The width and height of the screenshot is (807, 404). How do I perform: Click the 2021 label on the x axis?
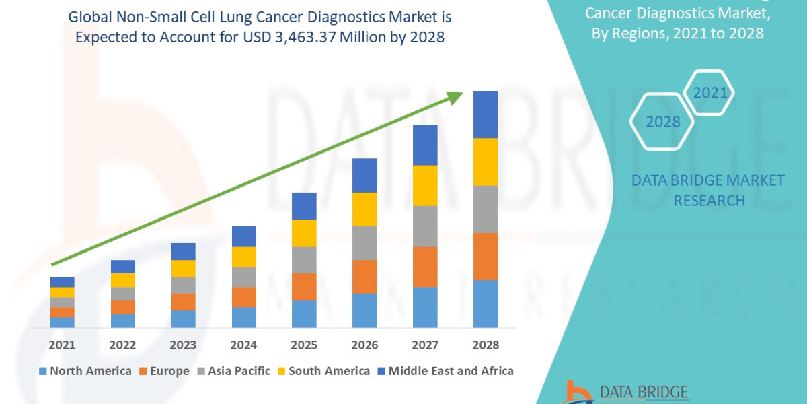[62, 345]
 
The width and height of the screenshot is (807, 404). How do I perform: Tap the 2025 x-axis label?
[304, 345]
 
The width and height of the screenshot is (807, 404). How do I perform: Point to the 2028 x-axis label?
[486, 345]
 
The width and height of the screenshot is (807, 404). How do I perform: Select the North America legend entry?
[85, 371]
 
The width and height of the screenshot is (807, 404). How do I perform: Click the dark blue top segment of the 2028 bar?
[486, 114]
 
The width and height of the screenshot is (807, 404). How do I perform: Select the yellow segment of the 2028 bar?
[486, 162]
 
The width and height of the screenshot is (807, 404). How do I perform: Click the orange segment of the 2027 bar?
[425, 267]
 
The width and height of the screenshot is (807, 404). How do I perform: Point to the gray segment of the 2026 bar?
[364, 242]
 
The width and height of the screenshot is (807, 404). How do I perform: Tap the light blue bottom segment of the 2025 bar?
[304, 314]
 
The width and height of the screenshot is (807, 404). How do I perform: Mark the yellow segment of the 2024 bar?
[243, 257]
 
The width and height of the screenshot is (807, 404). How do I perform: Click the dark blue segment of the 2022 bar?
[122, 267]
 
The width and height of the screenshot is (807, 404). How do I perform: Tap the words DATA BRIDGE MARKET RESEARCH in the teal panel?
[708, 190]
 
